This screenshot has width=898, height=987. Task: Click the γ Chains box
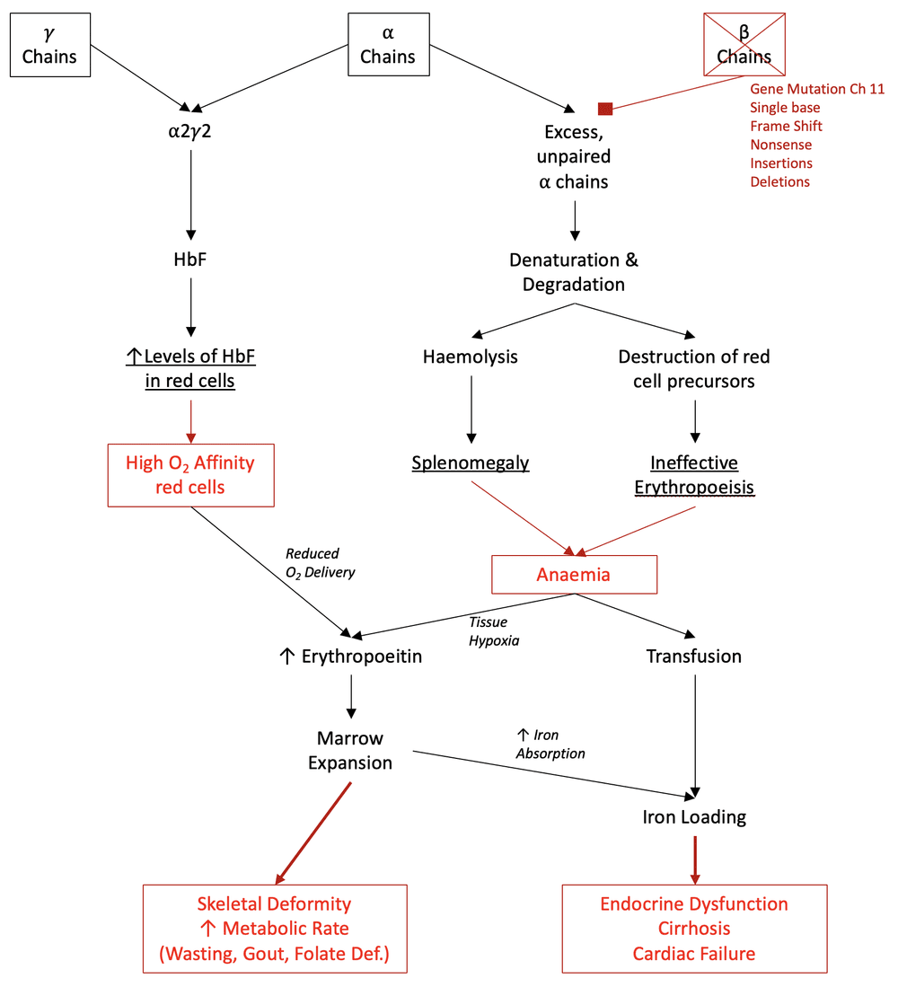click(x=49, y=44)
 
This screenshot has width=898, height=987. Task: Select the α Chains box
click(x=387, y=44)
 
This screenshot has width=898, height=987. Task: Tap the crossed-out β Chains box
click(x=744, y=44)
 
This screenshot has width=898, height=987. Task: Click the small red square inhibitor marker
click(x=605, y=109)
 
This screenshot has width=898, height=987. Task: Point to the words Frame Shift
click(x=786, y=126)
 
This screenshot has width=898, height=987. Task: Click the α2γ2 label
click(x=189, y=132)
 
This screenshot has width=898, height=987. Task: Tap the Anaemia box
click(x=573, y=575)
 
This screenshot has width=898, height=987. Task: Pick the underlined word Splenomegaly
click(x=471, y=463)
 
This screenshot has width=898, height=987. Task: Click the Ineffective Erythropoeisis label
click(x=694, y=475)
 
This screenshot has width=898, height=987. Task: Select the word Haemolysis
click(x=471, y=357)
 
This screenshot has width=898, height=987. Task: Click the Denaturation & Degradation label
click(x=574, y=271)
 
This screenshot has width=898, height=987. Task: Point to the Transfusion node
click(x=694, y=657)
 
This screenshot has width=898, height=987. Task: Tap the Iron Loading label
click(x=694, y=817)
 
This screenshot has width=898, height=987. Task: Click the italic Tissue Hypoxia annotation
click(x=494, y=630)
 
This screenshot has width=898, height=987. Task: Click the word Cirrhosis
click(x=694, y=929)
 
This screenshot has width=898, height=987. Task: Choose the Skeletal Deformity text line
click(x=274, y=903)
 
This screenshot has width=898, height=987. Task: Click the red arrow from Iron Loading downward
click(x=694, y=858)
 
